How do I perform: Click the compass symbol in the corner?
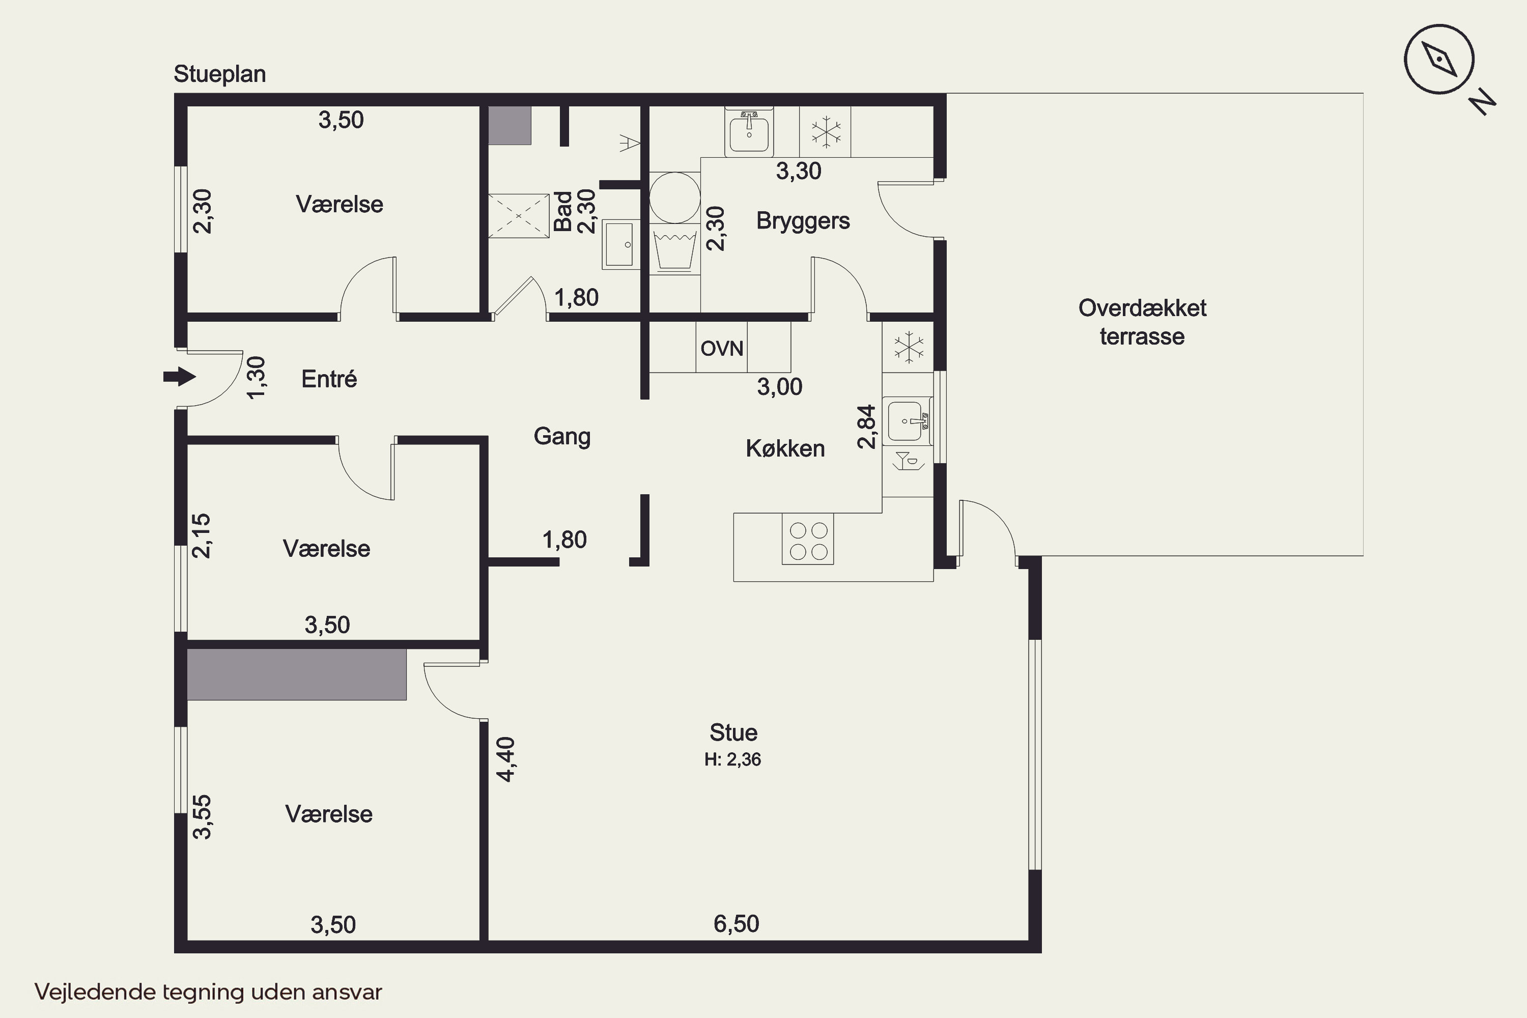[1439, 60]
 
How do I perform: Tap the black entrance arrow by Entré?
[180, 377]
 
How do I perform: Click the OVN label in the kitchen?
[721, 349]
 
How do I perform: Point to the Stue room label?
[733, 732]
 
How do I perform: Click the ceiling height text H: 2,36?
[732, 759]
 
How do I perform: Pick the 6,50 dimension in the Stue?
[736, 923]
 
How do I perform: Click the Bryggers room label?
[803, 221]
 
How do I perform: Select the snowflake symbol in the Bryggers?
[826, 132]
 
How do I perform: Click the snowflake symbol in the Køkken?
[908, 347]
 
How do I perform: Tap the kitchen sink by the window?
[908, 421]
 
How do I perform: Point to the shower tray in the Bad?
[519, 215]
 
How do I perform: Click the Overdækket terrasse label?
[1142, 322]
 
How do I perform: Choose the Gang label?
[562, 436]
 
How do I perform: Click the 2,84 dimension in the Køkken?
[867, 427]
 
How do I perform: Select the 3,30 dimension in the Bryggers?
[799, 172]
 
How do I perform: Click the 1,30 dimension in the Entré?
[257, 377]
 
